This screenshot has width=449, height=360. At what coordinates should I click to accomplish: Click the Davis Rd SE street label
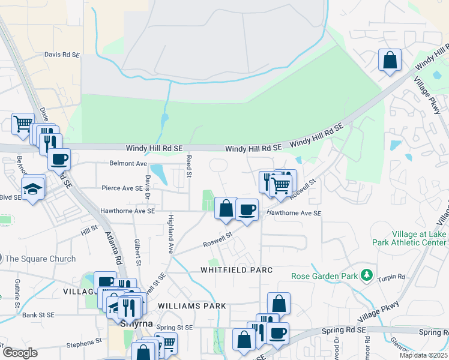click(62, 55)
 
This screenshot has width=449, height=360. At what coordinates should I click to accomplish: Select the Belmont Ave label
click(128, 163)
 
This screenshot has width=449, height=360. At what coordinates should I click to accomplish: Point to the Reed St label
click(188, 166)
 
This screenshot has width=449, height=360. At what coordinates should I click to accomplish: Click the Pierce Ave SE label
click(122, 188)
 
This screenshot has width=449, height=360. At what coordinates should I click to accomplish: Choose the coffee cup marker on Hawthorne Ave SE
click(247, 209)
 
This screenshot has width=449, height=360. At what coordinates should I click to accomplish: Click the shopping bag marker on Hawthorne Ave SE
click(226, 209)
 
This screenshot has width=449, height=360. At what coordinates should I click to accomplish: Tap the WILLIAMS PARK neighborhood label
click(192, 306)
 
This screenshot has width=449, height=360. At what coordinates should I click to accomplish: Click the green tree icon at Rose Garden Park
click(365, 275)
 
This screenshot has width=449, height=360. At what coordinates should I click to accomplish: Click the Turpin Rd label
click(392, 278)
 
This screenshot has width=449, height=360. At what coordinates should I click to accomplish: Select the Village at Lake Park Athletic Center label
click(411, 238)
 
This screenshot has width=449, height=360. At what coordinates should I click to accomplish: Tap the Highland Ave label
click(170, 233)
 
